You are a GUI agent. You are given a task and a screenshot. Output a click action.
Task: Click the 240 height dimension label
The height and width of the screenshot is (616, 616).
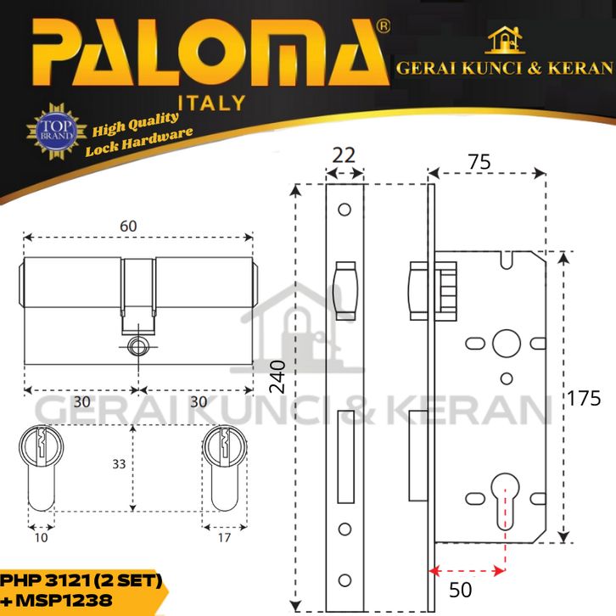click(x=277, y=377)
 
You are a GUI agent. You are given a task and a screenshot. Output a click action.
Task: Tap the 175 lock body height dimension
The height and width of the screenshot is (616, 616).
click(x=584, y=398)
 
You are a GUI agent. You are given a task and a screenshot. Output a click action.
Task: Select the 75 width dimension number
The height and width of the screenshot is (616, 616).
click(x=479, y=162)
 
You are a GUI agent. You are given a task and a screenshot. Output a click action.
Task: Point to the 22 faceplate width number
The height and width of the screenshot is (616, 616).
click(x=344, y=155)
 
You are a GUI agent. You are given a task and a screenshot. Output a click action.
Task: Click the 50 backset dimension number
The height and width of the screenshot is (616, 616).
click(x=460, y=590)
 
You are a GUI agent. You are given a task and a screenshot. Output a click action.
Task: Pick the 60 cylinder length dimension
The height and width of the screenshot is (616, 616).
click(x=128, y=226)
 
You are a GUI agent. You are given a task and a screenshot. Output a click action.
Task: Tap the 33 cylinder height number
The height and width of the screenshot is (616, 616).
click(x=119, y=464)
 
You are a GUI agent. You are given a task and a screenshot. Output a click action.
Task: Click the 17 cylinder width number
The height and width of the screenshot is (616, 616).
click(x=224, y=537)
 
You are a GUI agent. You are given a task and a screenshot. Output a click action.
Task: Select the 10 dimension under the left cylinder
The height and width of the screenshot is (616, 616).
click(x=41, y=537)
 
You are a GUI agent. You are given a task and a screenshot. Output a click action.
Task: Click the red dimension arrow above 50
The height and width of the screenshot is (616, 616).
click(x=467, y=571)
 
